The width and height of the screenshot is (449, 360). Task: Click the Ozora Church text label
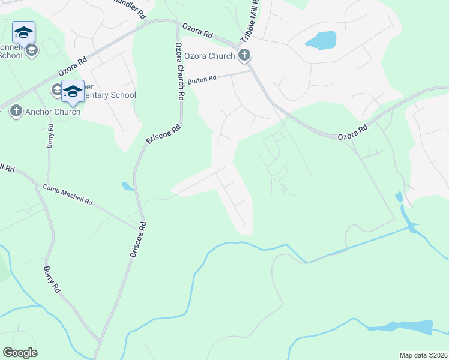coord(209,56)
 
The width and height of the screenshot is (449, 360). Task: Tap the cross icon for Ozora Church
coord(244,56)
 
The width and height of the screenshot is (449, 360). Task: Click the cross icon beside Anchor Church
coord(16,111)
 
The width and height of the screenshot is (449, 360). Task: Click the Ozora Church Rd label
coord(179,71)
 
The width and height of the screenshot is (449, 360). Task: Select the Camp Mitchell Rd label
coord(68,194)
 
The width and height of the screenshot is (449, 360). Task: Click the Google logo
coord(20,353)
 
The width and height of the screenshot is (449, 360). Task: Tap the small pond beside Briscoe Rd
coord(127,186)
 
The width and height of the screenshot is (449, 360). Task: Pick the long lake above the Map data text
coord(402,328)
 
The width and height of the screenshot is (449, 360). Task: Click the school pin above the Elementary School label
coord(73,91)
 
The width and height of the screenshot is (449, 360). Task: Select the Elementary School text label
coord(109,95)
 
